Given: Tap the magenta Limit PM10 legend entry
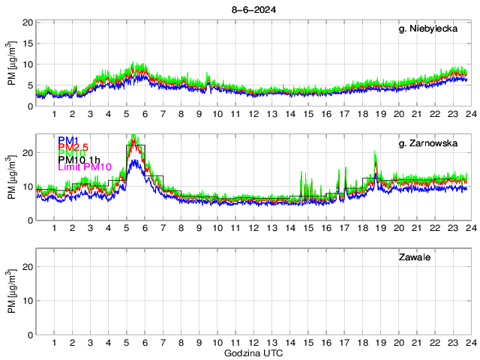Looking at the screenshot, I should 85,167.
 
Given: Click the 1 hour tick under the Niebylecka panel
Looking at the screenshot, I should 55,114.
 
